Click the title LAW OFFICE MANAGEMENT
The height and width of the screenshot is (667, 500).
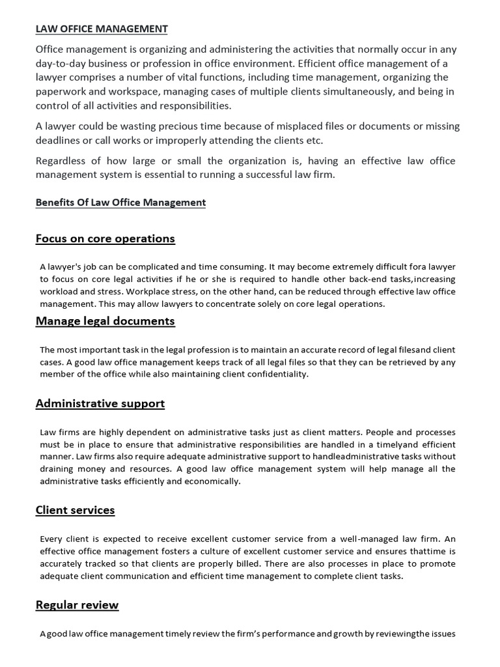(x=102, y=29)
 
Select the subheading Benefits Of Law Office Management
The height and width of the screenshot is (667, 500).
(x=120, y=203)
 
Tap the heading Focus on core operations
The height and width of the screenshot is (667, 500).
(x=105, y=238)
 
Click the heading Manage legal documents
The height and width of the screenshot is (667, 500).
(x=105, y=321)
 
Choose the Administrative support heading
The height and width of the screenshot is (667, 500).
(x=100, y=404)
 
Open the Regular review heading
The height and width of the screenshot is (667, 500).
(x=77, y=605)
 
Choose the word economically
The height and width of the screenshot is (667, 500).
(x=214, y=481)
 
